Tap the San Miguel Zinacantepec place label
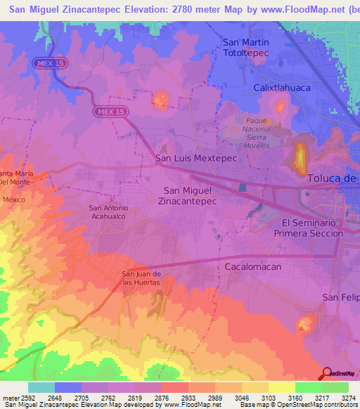[190, 195]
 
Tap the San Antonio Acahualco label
[108, 212]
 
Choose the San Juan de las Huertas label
[141, 278]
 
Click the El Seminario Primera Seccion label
[308, 227]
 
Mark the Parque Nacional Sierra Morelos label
[257, 129]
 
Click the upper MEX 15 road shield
[49, 63]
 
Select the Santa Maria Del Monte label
[15, 177]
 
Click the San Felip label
[340, 297]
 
